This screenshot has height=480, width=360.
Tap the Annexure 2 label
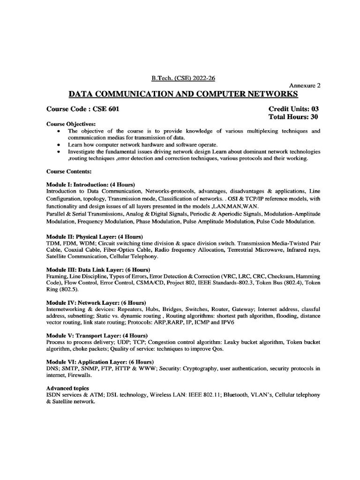click(x=305, y=86)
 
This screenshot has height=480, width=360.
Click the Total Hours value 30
click(x=315, y=117)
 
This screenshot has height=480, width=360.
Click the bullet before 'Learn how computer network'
click(x=58, y=145)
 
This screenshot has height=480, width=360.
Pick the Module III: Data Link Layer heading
click(x=98, y=270)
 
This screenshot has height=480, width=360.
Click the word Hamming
click(x=308, y=277)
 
